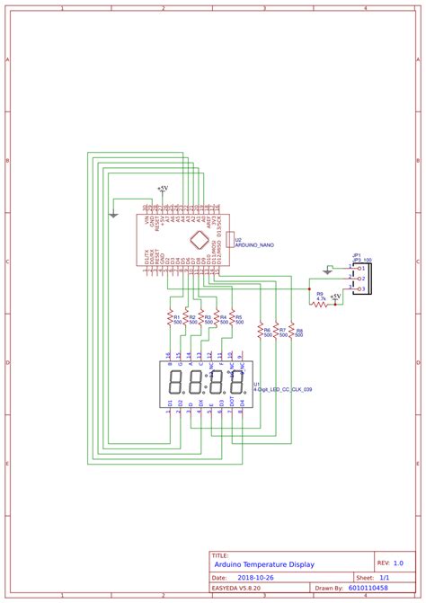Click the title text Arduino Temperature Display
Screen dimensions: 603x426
278,564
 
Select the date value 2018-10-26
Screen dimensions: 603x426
259,577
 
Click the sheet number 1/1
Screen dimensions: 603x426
384,577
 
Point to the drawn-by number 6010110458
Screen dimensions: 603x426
368,589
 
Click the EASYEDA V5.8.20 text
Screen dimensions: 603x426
235,589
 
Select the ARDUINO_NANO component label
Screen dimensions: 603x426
254,244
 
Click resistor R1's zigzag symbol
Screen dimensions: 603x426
168,317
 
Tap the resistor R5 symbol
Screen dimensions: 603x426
230,317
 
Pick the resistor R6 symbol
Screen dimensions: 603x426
261,331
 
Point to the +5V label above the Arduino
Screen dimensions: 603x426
163,189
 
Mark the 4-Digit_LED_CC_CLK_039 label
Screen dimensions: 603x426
285,389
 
